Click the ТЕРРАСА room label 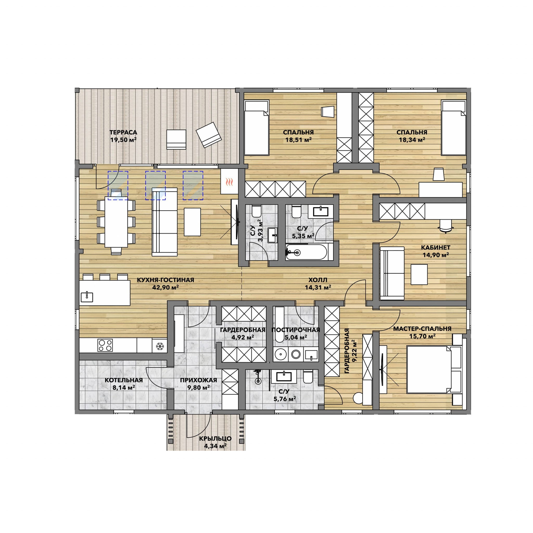(123, 132)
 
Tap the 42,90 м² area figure (166, 287)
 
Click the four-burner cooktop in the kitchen (105, 345)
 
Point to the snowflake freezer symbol (160, 346)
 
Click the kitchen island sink (87, 297)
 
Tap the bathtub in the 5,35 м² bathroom (306, 252)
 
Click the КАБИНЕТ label (436, 248)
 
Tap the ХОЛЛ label (318, 280)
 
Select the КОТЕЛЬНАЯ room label (124, 380)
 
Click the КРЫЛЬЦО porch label (215, 438)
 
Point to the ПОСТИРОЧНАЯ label (295, 330)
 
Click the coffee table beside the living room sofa (192, 222)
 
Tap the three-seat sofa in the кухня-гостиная (164, 222)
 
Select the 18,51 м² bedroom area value (298, 140)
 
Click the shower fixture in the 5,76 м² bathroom (258, 377)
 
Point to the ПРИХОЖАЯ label (198, 380)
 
